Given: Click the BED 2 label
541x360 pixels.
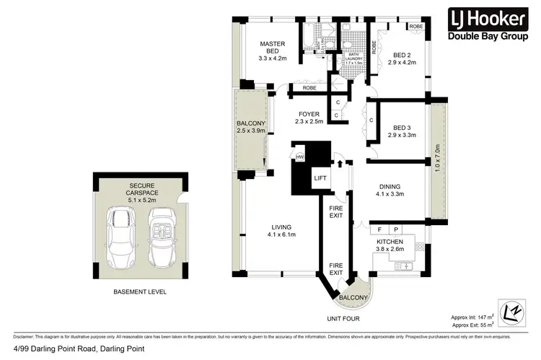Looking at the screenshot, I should point(401,57).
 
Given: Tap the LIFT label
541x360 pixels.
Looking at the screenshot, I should point(320,177).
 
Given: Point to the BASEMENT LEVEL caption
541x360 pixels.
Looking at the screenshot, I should point(141,292).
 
